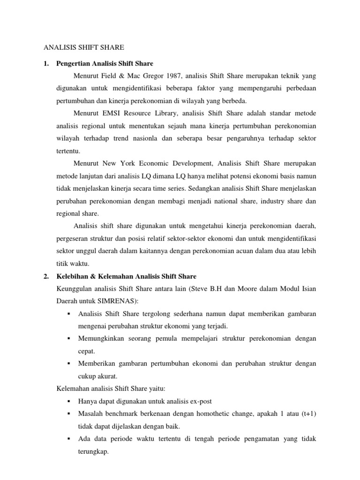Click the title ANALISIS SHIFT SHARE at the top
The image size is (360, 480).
coord(84,47)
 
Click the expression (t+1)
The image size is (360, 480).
coord(307,414)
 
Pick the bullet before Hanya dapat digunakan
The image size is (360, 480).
coord(68,402)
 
